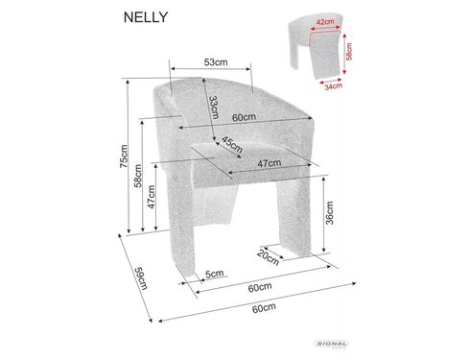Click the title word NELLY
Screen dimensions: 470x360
[146, 17]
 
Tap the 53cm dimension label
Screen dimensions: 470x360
[216, 62]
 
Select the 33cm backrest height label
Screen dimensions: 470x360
[214, 108]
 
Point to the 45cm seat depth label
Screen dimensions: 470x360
[232, 144]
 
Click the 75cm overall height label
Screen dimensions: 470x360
[124, 156]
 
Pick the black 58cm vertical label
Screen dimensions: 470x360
[138, 176]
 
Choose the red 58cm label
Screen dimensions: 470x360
[349, 52]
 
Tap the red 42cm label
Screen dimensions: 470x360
[325, 22]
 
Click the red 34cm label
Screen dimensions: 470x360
[334, 85]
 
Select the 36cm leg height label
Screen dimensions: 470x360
[329, 213]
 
